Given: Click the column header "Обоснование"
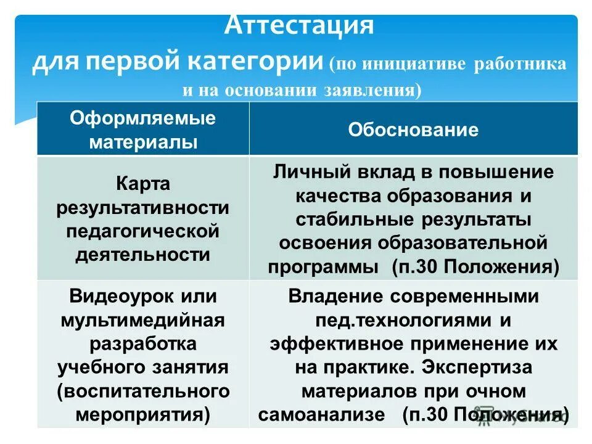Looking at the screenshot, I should (x=413, y=129).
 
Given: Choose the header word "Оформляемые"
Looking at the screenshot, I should (x=143, y=118).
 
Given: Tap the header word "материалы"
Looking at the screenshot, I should (x=143, y=142).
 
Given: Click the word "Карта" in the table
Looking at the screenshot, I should (x=143, y=184).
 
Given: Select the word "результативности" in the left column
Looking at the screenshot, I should (x=143, y=208).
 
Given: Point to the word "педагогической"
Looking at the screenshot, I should (x=143, y=231).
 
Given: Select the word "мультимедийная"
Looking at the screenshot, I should (x=143, y=320).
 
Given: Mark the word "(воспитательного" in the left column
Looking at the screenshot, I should (x=143, y=390).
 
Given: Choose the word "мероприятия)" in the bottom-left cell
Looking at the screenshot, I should (x=143, y=414).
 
